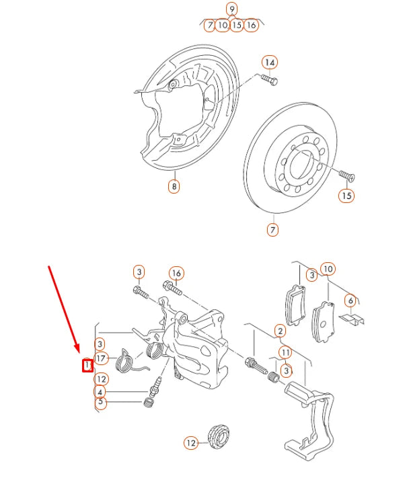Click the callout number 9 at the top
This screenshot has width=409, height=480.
232,9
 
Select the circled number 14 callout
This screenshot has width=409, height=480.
270,63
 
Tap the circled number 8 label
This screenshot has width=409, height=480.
174,187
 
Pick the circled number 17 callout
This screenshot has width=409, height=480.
101,359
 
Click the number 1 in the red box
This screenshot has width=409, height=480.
86,365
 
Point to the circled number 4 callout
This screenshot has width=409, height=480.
100,392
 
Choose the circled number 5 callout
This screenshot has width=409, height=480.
100,403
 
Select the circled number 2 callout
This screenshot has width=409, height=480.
280,330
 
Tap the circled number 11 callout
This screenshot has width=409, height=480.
285,352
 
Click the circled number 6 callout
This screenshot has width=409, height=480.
350,301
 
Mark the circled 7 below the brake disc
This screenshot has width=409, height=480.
272,230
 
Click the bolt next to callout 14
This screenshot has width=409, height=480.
268,81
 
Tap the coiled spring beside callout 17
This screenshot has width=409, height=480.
124,362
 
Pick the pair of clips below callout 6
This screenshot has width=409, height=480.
352,318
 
